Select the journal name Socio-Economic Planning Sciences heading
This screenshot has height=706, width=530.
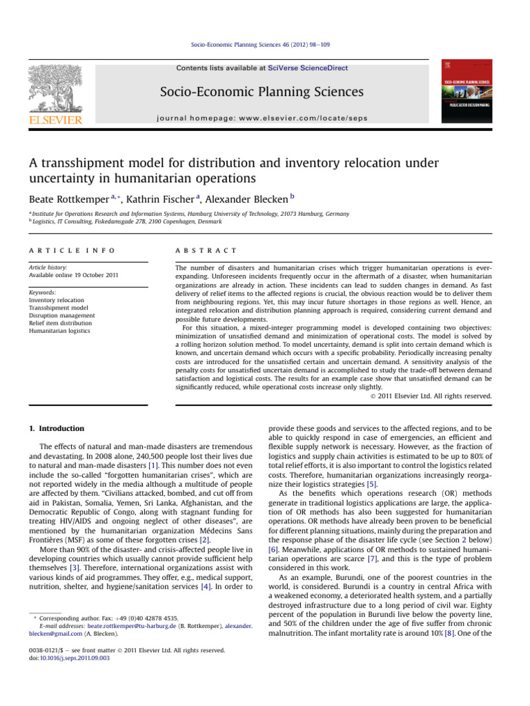pos(262,92)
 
